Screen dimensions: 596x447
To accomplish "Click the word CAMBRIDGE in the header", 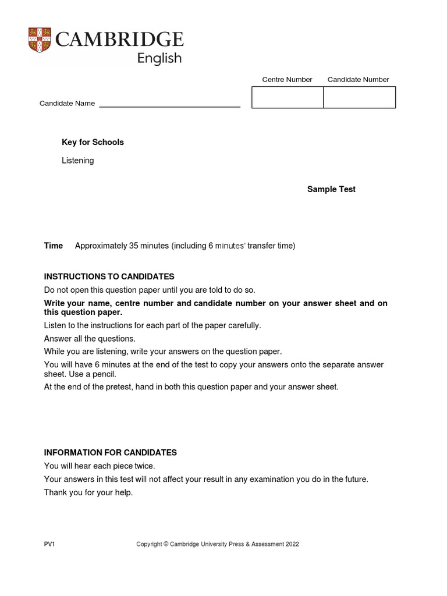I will (x=119, y=40).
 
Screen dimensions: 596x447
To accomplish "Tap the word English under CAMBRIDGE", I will (x=159, y=58).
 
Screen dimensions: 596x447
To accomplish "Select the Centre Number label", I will (x=287, y=80).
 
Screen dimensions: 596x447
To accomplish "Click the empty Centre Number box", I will (x=288, y=97).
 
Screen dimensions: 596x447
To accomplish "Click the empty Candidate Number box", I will (x=359, y=97).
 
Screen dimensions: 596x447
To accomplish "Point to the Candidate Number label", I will (x=358, y=80).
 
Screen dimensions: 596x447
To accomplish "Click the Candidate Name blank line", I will (x=169, y=104).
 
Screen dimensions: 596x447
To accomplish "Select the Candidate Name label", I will (x=67, y=104).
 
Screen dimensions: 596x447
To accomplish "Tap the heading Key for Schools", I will (x=93, y=143).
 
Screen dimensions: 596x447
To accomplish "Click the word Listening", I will (x=77, y=161).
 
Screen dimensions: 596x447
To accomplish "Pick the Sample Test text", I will (x=331, y=190).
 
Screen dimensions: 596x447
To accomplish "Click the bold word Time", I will (x=54, y=246).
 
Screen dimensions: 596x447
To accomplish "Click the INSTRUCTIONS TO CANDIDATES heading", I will (x=109, y=276).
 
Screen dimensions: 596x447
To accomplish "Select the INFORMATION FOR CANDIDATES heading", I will (x=111, y=452).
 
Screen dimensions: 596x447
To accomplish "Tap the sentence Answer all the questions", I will (x=90, y=339).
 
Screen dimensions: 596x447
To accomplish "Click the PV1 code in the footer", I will (x=49, y=544).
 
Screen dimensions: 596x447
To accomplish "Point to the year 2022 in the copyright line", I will (x=292, y=544).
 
